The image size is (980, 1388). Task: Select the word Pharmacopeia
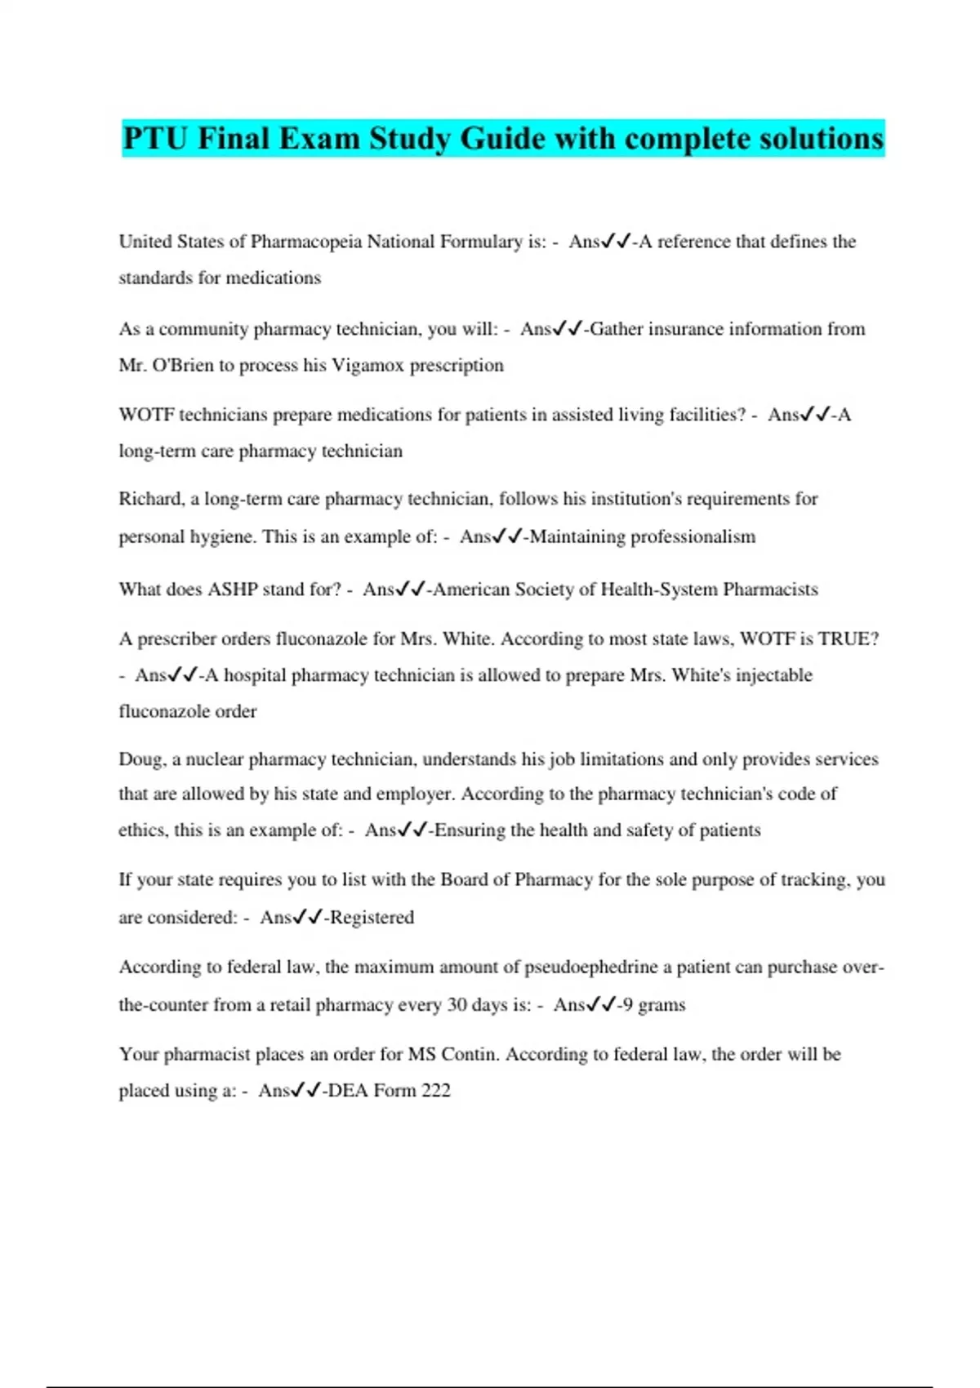(306, 242)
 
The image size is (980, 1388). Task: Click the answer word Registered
(372, 918)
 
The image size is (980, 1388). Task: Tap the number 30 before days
(457, 1005)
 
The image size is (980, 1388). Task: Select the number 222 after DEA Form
(435, 1091)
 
